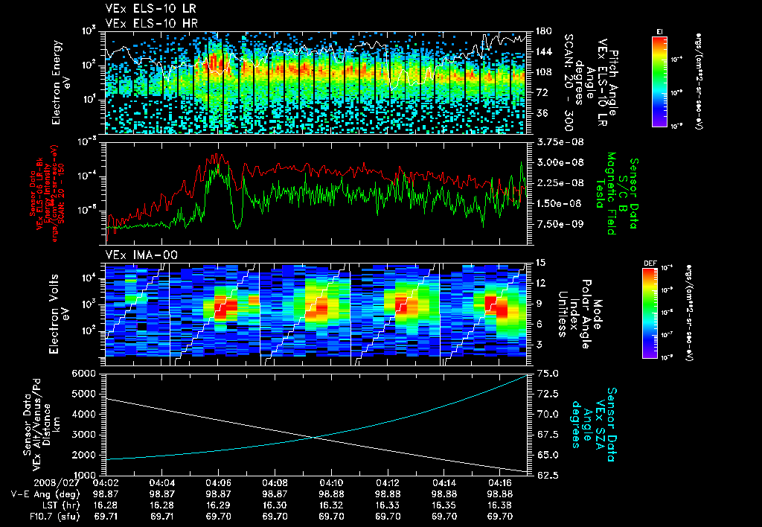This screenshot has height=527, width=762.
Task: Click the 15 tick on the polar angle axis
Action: tap(541, 262)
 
